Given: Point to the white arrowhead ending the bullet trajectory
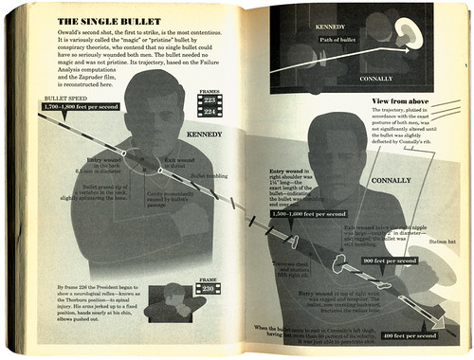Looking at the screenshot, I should click(438, 313).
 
